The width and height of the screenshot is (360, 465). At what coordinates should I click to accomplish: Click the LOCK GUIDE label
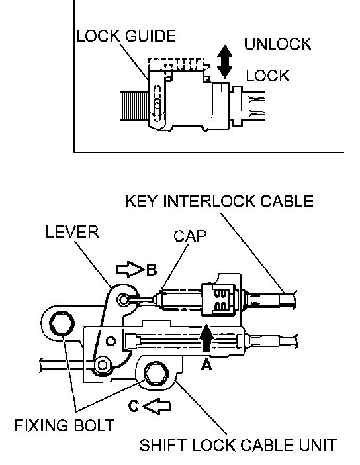coord(126,36)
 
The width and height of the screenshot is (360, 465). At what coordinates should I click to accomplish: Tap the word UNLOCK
coord(278,44)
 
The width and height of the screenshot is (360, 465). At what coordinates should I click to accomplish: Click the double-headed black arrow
coord(224,62)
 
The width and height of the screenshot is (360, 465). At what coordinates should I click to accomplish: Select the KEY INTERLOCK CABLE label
coord(219,201)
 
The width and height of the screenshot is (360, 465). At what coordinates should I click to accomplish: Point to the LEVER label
coord(72,231)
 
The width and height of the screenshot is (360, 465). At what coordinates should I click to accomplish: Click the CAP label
coord(190,236)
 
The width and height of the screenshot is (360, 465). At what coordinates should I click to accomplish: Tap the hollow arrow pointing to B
coord(130,270)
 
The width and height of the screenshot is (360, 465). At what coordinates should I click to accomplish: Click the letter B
coord(151,270)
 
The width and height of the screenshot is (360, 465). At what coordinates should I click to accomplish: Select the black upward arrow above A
coord(206,337)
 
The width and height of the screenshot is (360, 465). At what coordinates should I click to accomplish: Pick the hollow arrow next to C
coord(156,405)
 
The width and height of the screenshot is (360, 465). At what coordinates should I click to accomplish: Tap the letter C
coord(134,406)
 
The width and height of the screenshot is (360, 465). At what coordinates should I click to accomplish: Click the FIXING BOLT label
coord(64,425)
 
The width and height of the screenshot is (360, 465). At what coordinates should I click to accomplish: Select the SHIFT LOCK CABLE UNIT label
coord(238,445)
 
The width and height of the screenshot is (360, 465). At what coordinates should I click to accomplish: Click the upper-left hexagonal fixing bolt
coord(62,323)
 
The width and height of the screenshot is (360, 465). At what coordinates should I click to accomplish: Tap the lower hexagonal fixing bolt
coord(156,374)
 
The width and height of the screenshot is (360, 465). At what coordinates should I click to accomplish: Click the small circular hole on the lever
coord(111,341)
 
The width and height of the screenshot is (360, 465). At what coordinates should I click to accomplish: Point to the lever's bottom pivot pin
coord(103,365)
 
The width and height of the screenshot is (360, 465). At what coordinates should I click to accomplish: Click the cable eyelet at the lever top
coord(124,299)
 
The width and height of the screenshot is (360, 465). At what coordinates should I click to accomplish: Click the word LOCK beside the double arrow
coord(267,76)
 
